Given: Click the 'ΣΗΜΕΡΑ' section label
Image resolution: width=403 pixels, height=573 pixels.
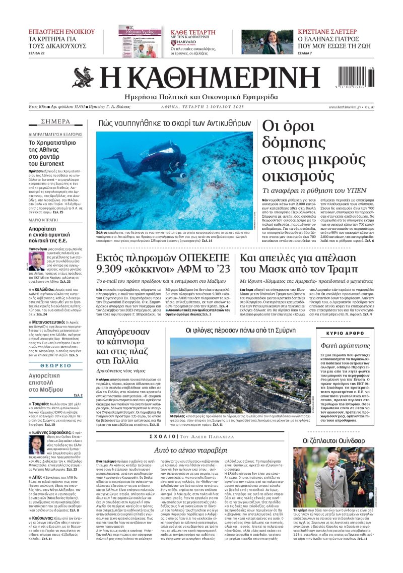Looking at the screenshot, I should tap(55, 122).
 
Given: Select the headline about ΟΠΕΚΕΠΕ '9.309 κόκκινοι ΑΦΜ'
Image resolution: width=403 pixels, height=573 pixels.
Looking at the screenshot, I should tap(164, 266).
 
